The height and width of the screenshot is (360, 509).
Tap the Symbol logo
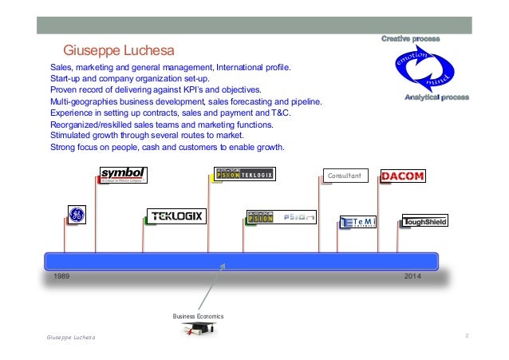[124, 175]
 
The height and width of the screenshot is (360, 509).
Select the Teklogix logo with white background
[176, 216]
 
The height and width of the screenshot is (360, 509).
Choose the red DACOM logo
[403, 176]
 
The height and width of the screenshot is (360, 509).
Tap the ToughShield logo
[424, 221]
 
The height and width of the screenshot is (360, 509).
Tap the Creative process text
[411, 38]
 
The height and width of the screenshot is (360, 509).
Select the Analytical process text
[436, 97]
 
